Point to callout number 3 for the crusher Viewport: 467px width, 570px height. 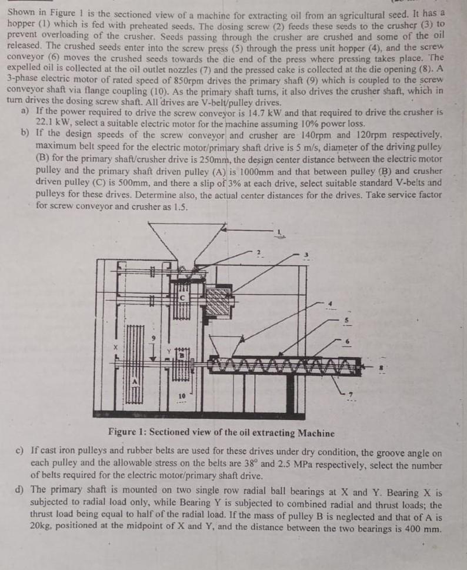tap(305, 255)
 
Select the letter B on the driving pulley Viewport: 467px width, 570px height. tap(182, 355)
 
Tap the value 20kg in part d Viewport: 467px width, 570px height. tap(41, 525)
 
